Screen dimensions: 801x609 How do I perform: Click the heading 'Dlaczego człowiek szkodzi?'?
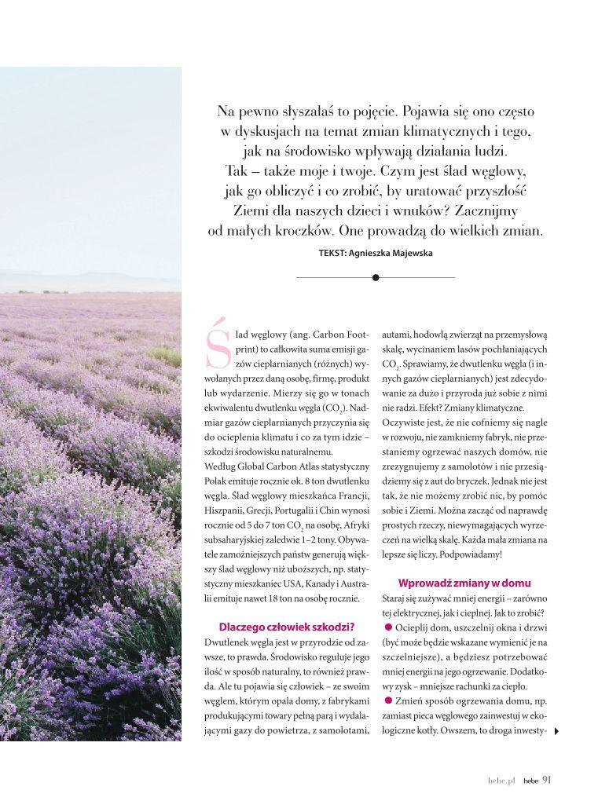coord(286,626)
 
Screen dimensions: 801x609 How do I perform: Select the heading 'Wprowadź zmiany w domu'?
coord(464,583)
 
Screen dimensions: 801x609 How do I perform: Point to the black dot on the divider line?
coord(376,277)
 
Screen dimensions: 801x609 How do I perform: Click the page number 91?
coord(547,780)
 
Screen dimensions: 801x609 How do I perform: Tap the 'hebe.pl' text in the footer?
coord(500,781)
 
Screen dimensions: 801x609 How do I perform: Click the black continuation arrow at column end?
coord(557,731)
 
